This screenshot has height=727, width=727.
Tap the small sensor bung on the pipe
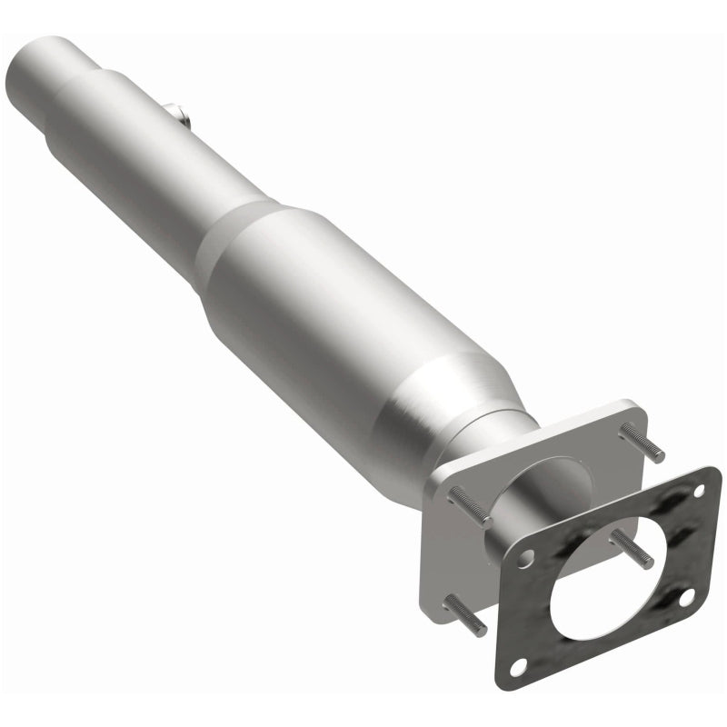point(176,114)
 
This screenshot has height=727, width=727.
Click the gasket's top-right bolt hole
point(698,491)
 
